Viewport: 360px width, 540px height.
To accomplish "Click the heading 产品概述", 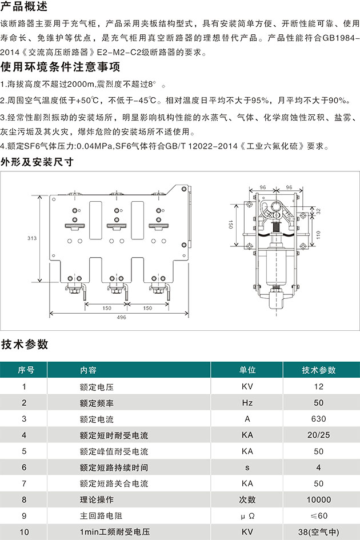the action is click(24, 6).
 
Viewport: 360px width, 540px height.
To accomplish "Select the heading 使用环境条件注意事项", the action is click(61, 67).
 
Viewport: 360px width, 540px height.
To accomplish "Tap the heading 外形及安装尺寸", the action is click(37, 162).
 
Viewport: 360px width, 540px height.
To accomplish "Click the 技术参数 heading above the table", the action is click(25, 344).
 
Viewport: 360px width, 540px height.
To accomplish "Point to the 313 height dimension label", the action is click(32, 238).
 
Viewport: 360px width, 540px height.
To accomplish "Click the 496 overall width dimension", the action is click(121, 317).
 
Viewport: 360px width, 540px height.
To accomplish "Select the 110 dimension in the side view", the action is click(318, 235).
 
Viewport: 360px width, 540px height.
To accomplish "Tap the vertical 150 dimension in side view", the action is click(230, 225).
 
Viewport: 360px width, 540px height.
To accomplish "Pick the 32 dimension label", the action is click(318, 211).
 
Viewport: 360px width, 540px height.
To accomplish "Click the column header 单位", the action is click(247, 370).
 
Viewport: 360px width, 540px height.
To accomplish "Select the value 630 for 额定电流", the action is click(318, 419).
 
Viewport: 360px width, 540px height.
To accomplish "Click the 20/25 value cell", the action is click(318, 435).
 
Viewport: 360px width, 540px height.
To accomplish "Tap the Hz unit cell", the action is click(247, 403).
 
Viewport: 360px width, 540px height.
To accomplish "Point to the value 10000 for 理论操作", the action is click(318, 499).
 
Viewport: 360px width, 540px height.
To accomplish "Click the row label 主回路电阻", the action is click(101, 516).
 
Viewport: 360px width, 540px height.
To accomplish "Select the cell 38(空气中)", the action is click(318, 532).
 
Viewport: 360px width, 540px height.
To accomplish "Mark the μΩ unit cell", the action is click(247, 516).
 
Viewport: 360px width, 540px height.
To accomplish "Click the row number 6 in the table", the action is click(24, 467).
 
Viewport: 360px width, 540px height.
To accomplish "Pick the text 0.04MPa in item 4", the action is click(94, 146).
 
